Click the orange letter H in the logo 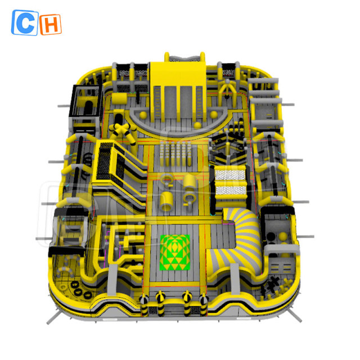tap(51, 23)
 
